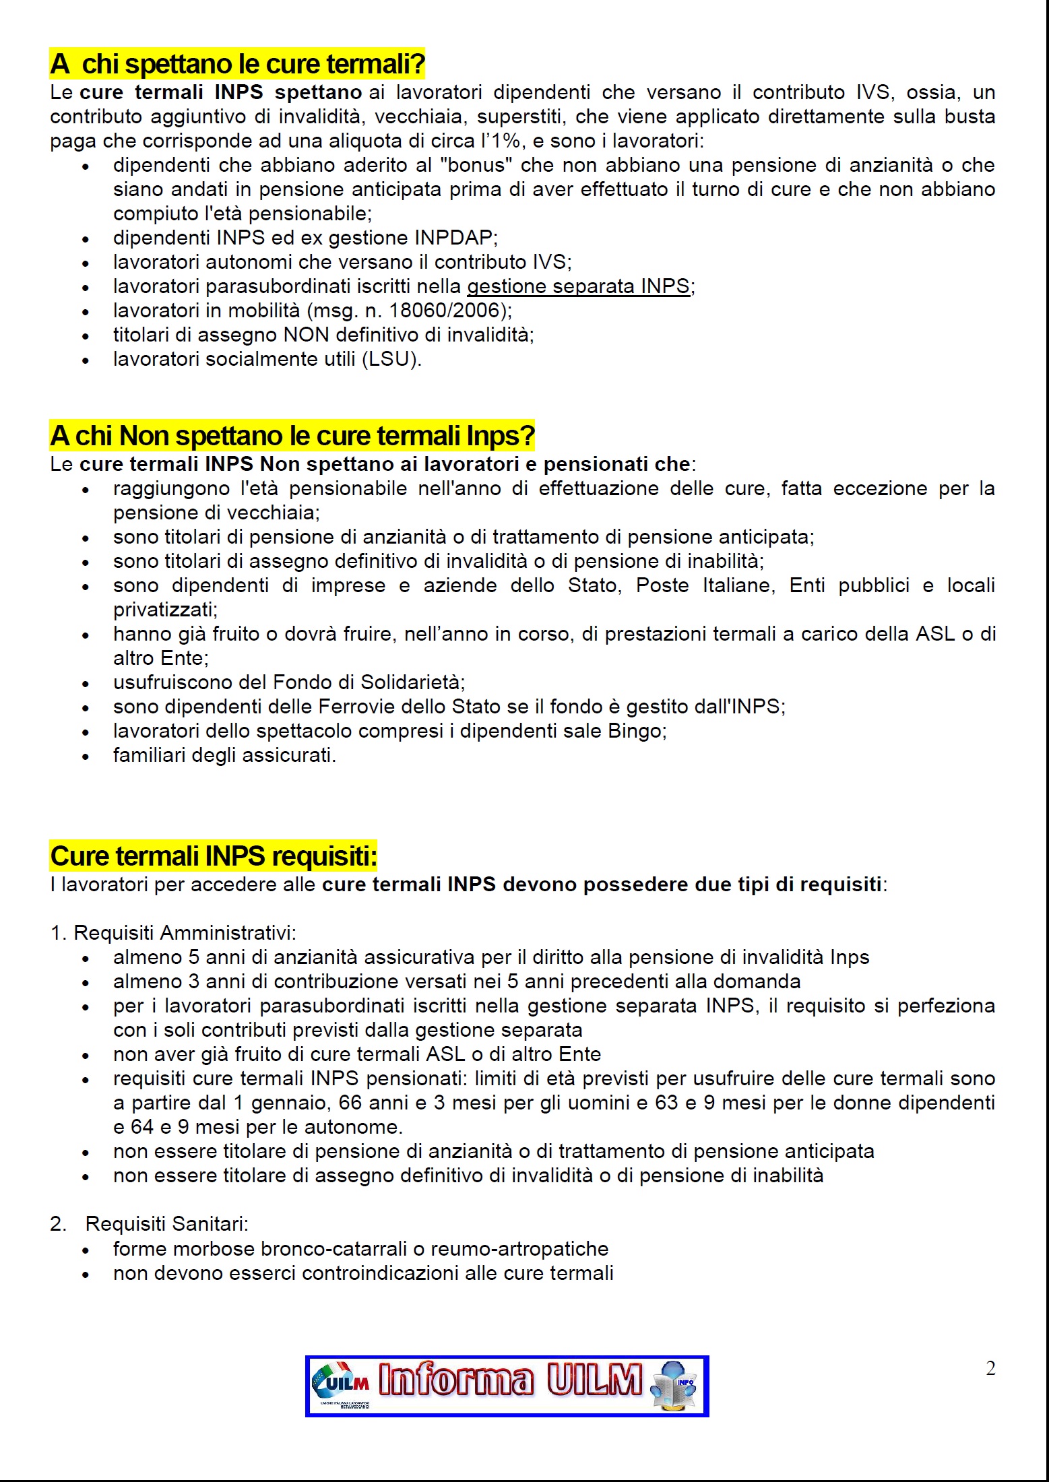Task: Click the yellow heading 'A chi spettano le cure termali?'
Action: point(237,65)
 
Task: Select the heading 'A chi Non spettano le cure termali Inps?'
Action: point(292,437)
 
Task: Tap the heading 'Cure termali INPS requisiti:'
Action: point(213,857)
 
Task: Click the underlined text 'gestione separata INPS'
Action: point(578,287)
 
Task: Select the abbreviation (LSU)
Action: point(391,360)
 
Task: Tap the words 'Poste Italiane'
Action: point(695,586)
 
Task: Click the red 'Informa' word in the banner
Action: point(455,1381)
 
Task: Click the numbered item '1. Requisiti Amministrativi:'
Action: point(173,934)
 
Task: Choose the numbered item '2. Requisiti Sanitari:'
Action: point(149,1225)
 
